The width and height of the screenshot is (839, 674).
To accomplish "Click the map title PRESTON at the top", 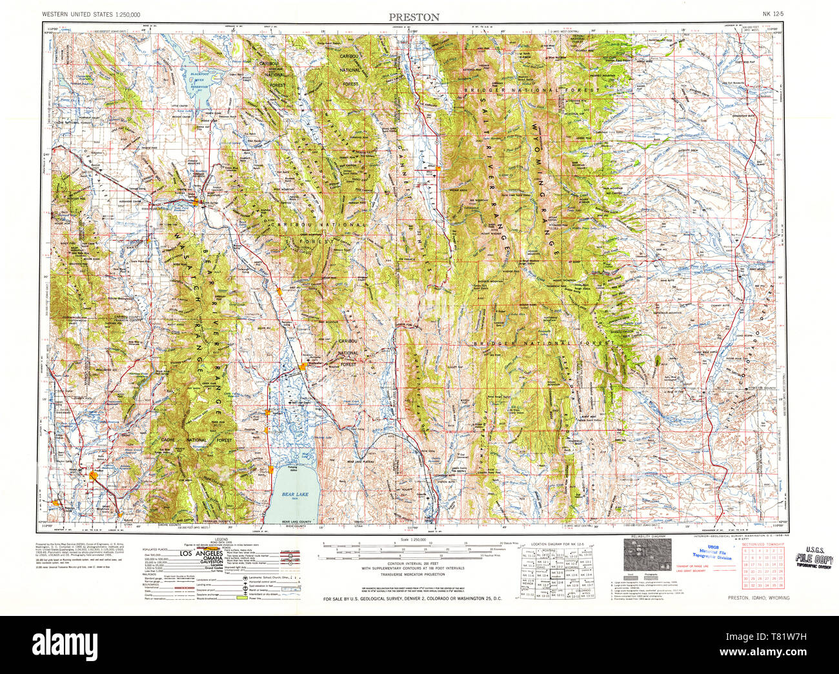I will [x=414, y=17].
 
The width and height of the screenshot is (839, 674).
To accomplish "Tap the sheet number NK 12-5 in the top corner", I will [x=774, y=14].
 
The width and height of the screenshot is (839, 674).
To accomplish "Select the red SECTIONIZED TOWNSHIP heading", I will [x=763, y=544].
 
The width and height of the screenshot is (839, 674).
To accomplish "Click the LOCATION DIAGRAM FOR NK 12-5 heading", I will [x=556, y=544].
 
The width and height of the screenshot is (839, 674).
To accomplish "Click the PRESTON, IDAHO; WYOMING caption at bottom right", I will [x=758, y=598].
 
